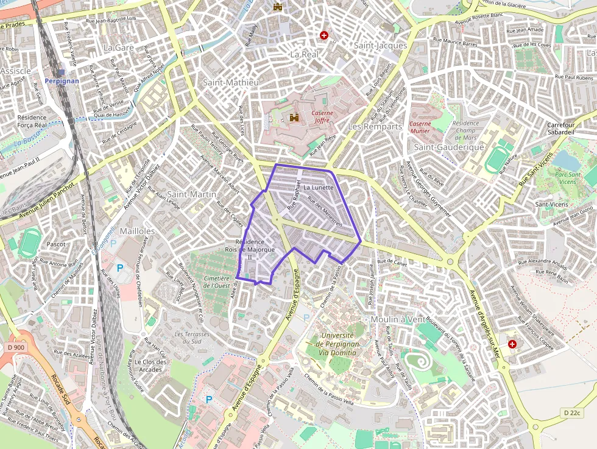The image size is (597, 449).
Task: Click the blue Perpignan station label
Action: [x=62, y=80]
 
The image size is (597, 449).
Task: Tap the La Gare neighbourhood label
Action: [x=118, y=47]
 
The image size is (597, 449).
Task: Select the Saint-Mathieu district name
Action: [x=231, y=82]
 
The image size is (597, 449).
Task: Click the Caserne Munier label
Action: [x=420, y=127]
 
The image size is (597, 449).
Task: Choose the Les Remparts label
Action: [x=375, y=127]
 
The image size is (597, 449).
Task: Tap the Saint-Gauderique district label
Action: [x=449, y=147]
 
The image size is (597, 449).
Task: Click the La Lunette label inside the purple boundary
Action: [x=318, y=188]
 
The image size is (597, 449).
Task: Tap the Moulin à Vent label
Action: [x=398, y=319]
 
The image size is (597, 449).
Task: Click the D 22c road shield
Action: [x=572, y=413]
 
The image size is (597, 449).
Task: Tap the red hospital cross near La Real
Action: [x=324, y=35]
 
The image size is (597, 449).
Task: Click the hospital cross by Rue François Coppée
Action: [x=512, y=344]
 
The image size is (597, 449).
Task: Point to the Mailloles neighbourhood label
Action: [x=137, y=232]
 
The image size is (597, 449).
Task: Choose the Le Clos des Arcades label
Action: [x=150, y=366]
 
